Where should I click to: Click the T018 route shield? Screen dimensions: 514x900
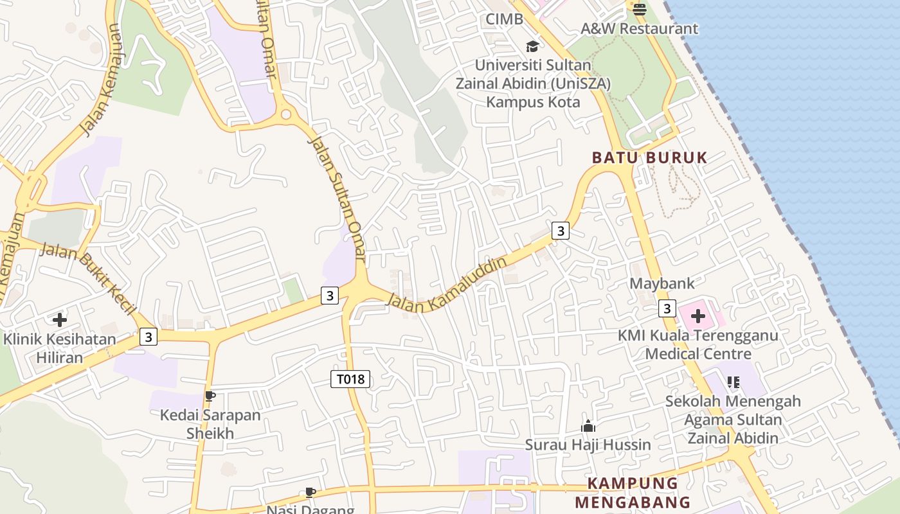(350, 379)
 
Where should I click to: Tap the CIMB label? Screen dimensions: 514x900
(504, 19)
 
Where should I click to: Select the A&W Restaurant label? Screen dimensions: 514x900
(639, 29)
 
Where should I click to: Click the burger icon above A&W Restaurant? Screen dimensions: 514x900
(639, 9)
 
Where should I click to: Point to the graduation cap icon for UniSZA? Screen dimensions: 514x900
(532, 46)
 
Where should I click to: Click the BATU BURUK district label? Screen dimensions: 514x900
(649, 157)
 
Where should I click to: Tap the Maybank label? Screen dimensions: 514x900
(662, 283)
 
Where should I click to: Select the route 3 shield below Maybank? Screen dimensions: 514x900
(667, 309)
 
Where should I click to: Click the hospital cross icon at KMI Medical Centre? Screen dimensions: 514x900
(697, 316)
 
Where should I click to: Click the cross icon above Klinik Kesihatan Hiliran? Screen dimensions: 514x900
(60, 319)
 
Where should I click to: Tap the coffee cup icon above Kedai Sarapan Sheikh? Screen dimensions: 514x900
(210, 396)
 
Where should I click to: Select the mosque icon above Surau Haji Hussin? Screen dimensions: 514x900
(588, 426)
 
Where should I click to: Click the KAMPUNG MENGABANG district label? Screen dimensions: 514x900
(633, 493)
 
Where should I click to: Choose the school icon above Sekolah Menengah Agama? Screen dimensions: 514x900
(733, 382)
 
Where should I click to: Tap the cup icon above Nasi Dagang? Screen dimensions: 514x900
(310, 493)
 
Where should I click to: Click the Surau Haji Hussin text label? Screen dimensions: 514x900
(588, 445)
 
